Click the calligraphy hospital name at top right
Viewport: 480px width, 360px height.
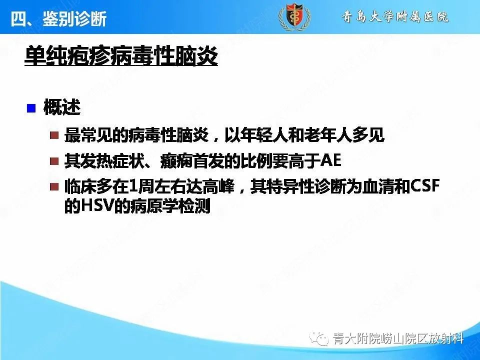point(394,17)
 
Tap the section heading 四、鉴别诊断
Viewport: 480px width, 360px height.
point(58,19)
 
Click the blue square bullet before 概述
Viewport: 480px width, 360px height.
point(31,108)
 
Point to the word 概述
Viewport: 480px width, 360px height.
point(62,108)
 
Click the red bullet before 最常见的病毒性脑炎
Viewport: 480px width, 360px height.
point(54,136)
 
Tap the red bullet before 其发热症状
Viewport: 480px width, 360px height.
point(54,162)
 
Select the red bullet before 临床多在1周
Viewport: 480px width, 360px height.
point(54,187)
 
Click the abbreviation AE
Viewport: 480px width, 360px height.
point(329,161)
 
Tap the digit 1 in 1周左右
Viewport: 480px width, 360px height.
point(132,187)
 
